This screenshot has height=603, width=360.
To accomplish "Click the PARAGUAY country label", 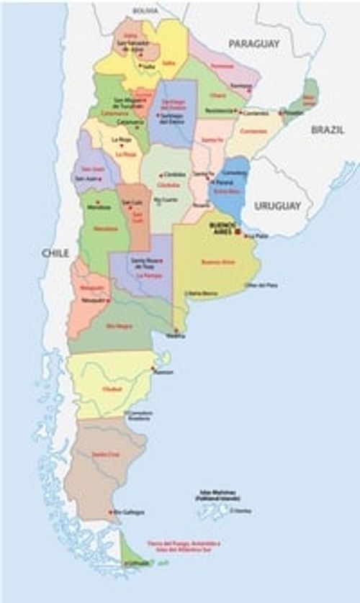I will coord(254,44).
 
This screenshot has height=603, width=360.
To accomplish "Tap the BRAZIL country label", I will coord(328,130).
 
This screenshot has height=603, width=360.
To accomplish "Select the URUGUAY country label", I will coord(277,206).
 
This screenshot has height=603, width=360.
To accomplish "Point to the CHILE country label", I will coord(55,253).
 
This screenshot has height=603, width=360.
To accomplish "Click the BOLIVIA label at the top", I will coord(145,11).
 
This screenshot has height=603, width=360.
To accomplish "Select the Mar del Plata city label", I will coord(262,285).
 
